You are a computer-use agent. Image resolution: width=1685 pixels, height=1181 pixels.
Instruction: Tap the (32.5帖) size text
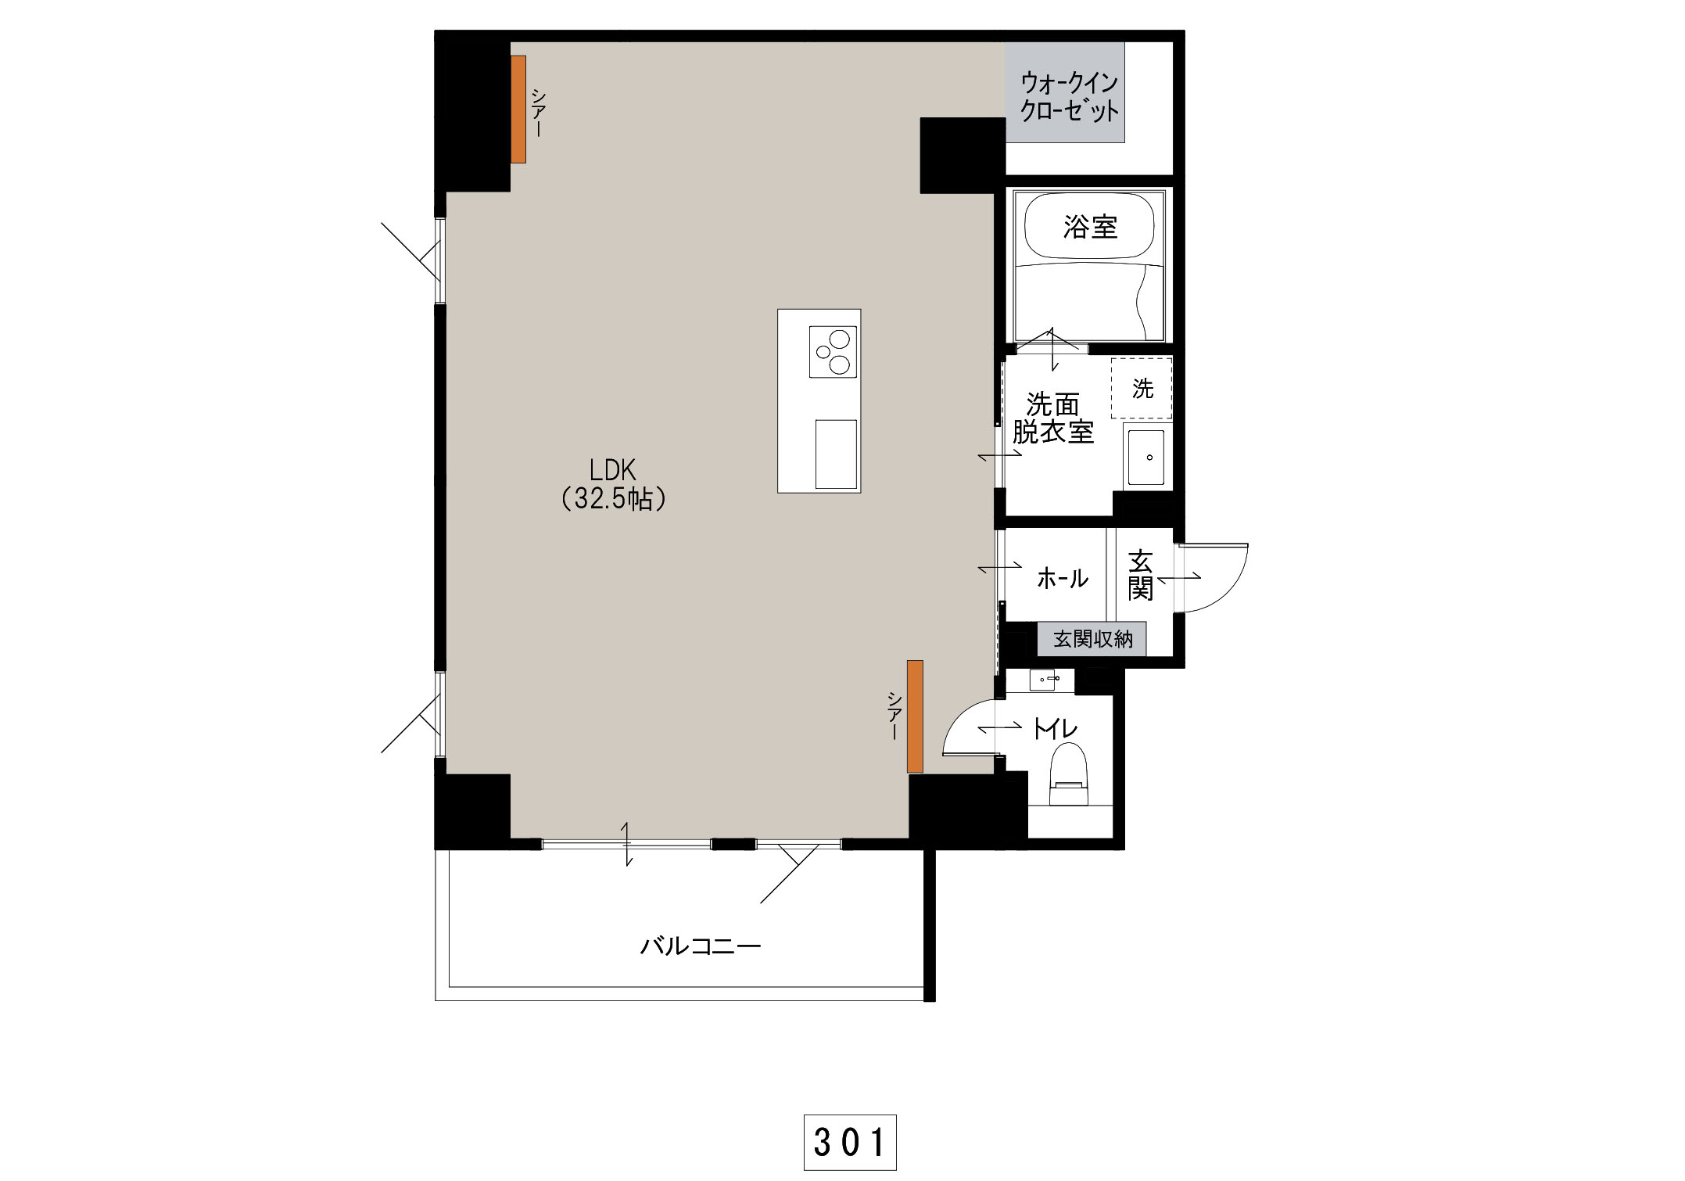(x=614, y=498)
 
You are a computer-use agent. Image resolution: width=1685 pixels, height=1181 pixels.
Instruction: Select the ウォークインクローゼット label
(x=1069, y=96)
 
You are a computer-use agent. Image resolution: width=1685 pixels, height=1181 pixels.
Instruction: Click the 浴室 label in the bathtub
(x=1090, y=227)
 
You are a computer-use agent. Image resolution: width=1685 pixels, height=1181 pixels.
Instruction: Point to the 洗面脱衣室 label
(x=1052, y=418)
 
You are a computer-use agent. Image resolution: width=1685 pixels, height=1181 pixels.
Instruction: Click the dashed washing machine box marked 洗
(x=1142, y=389)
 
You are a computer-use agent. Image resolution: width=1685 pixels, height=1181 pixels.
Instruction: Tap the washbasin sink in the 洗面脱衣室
(x=1146, y=457)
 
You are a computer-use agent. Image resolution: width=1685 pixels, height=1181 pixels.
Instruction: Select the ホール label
(x=1062, y=579)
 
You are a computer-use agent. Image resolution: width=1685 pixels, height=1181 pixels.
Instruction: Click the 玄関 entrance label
(x=1140, y=575)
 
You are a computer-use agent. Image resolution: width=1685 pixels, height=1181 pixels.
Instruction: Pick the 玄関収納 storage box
(x=1092, y=639)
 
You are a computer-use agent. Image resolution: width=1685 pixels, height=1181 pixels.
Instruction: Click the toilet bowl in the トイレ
(x=1069, y=774)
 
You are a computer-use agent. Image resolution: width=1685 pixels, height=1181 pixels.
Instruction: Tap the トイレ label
(x=1056, y=729)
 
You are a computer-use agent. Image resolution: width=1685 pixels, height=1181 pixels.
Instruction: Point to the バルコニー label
(x=701, y=947)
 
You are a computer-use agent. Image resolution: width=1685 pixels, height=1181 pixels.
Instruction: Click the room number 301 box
(x=850, y=1143)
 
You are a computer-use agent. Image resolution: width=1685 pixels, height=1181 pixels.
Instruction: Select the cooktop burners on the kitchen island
(x=833, y=351)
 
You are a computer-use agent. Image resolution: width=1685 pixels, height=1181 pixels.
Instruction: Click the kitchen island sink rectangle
(x=836, y=454)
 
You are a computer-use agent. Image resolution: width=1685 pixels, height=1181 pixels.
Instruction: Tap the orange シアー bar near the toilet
(x=915, y=716)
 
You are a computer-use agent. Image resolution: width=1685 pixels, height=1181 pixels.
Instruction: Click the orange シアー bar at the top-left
(x=518, y=109)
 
